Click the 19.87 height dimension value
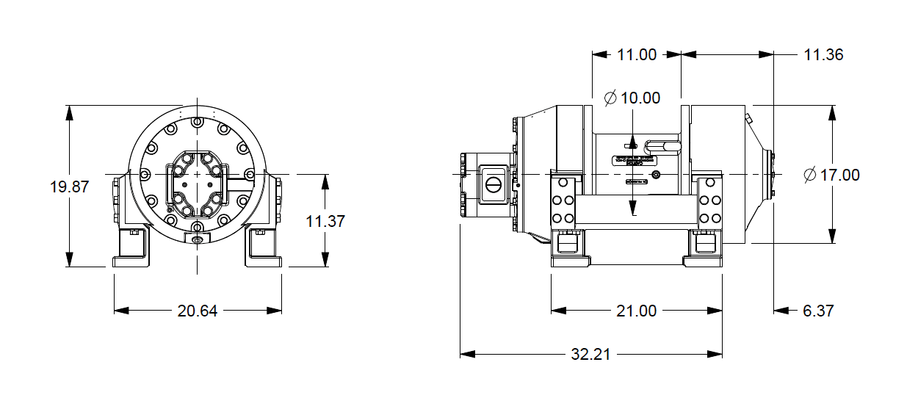click(x=69, y=187)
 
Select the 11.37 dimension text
click(x=325, y=221)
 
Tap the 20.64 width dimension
click(x=198, y=311)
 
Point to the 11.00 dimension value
click(x=637, y=54)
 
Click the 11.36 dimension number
click(x=823, y=54)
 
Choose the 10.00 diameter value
click(x=640, y=98)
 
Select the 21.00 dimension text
click(x=637, y=311)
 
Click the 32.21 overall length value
click(x=591, y=354)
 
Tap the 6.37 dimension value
click(x=818, y=311)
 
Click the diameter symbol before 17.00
click(x=810, y=175)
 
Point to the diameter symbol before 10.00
click(x=610, y=98)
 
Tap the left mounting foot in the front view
click(x=133, y=250)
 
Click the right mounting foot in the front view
click(x=262, y=250)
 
